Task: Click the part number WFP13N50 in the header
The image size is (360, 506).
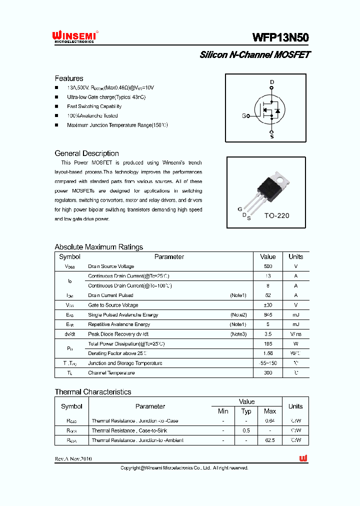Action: coord(280,38)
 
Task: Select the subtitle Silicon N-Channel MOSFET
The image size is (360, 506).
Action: coord(254,55)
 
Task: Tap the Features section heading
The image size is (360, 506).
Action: coord(69,78)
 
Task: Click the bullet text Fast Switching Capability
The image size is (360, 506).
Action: coord(94,106)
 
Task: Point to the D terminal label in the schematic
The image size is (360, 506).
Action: coord(272,82)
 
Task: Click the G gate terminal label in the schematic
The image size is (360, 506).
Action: coord(244,116)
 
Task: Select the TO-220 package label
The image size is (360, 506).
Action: coord(276,216)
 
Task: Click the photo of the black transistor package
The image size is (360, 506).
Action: coord(272,187)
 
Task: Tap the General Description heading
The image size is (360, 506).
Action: coord(86,153)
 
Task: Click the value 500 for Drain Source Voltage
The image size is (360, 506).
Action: coord(268,266)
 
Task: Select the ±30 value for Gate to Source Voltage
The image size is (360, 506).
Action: coord(268,305)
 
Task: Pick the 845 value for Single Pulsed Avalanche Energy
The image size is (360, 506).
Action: coord(268,315)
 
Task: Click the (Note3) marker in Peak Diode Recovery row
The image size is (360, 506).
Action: coord(238,334)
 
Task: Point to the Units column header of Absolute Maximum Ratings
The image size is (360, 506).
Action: coord(295,256)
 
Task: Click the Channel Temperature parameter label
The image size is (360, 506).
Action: coord(111,373)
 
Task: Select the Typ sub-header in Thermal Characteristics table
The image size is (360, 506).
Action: coord(246,411)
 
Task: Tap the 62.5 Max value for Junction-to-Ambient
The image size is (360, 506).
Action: coord(270,440)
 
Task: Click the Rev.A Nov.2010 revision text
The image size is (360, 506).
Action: coord(73,459)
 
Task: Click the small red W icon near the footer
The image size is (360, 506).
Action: coord(303,458)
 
